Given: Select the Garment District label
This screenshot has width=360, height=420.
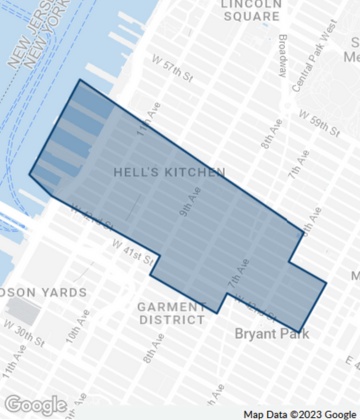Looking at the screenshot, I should click(x=170, y=313).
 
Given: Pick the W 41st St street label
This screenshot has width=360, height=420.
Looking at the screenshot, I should click(x=131, y=249).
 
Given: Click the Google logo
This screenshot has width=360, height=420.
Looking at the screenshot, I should click(x=35, y=405).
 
